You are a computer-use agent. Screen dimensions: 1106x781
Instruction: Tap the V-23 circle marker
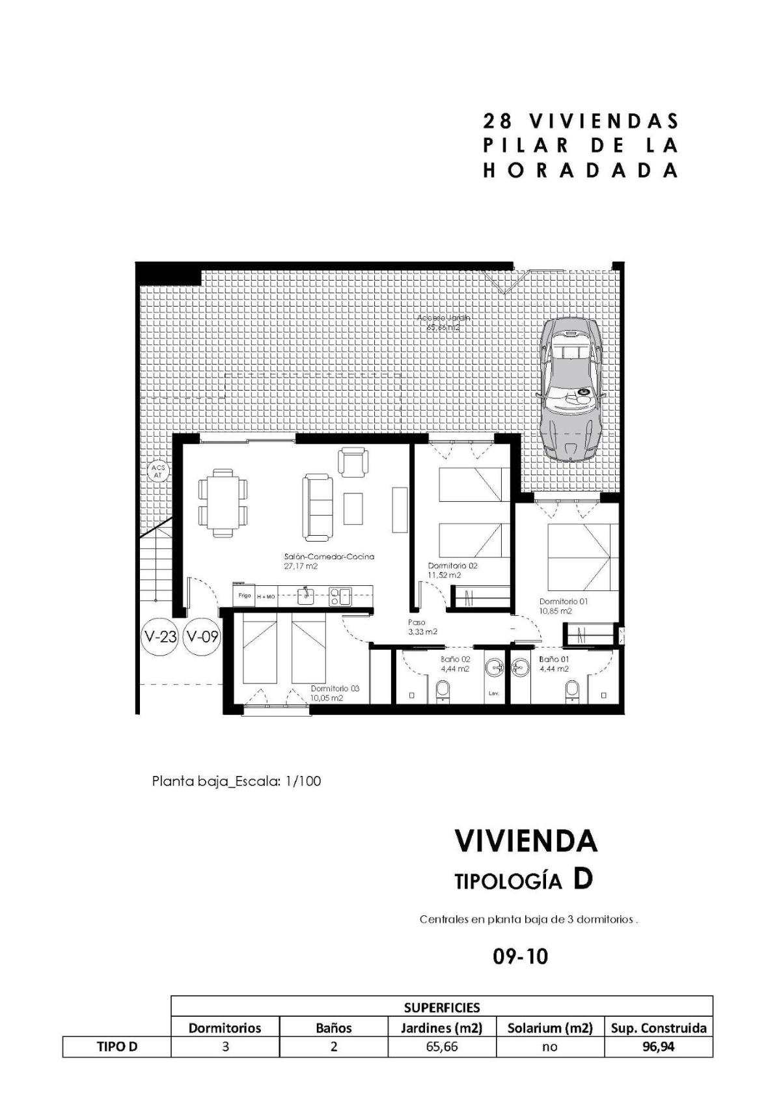pyautogui.click(x=160, y=636)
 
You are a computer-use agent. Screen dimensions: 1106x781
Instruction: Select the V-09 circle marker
pyautogui.click(x=202, y=636)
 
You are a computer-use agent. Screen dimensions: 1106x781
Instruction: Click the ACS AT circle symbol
pyautogui.click(x=157, y=471)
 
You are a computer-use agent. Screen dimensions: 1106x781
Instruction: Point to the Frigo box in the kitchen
pyautogui.click(x=244, y=595)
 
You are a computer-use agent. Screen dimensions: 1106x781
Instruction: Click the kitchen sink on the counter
pyautogui.click(x=306, y=594)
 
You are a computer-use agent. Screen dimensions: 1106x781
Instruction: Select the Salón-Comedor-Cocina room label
pyautogui.click(x=329, y=557)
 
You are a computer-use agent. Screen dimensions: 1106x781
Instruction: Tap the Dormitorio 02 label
pyautogui.click(x=452, y=566)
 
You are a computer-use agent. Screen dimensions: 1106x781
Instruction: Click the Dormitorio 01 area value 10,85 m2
pyautogui.click(x=555, y=611)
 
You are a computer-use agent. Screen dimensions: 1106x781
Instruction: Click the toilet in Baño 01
pyautogui.click(x=572, y=689)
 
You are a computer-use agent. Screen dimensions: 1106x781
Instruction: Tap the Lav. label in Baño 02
pyautogui.click(x=493, y=693)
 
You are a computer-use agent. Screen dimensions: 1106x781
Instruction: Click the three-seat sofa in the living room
pyautogui.click(x=317, y=506)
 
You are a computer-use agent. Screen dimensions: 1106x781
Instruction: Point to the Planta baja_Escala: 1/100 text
pyautogui.click(x=236, y=781)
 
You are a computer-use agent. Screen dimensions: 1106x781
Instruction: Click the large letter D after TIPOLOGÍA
pyautogui.click(x=582, y=879)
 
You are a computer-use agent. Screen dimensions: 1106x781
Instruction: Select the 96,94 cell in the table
pyautogui.click(x=658, y=1047)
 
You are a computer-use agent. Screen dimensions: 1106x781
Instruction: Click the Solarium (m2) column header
pyautogui.click(x=550, y=1028)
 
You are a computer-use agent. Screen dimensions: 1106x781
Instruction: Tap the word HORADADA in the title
pyautogui.click(x=581, y=171)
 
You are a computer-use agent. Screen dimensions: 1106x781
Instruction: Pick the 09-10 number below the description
pyautogui.click(x=521, y=956)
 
